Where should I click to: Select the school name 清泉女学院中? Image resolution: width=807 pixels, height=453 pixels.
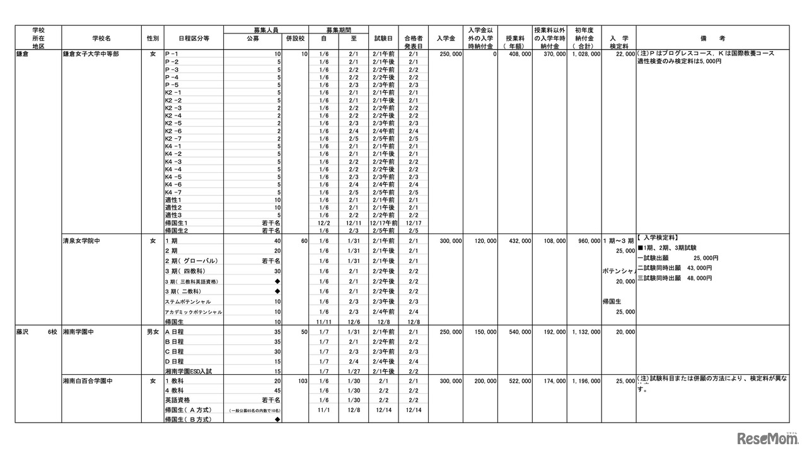click(x=83, y=240)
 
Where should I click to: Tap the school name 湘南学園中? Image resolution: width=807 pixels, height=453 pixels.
click(x=79, y=331)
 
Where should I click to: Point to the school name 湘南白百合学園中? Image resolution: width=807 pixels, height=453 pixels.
click(x=87, y=381)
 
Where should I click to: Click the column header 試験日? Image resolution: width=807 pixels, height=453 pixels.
click(x=383, y=38)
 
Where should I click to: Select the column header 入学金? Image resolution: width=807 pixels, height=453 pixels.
click(x=446, y=38)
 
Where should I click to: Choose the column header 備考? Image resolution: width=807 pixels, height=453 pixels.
click(x=712, y=38)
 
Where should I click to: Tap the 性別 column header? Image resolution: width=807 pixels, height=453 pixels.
click(x=153, y=38)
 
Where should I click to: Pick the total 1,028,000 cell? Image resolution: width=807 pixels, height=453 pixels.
click(x=583, y=54)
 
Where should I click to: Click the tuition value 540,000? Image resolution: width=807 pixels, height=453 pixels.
click(x=518, y=331)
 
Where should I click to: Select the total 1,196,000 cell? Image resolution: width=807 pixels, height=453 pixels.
click(x=583, y=381)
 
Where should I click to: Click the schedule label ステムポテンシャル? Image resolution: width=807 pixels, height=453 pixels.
click(x=188, y=302)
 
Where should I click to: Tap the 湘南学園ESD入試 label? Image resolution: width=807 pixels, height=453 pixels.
click(x=189, y=372)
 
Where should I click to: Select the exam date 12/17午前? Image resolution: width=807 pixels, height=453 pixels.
click(x=384, y=223)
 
